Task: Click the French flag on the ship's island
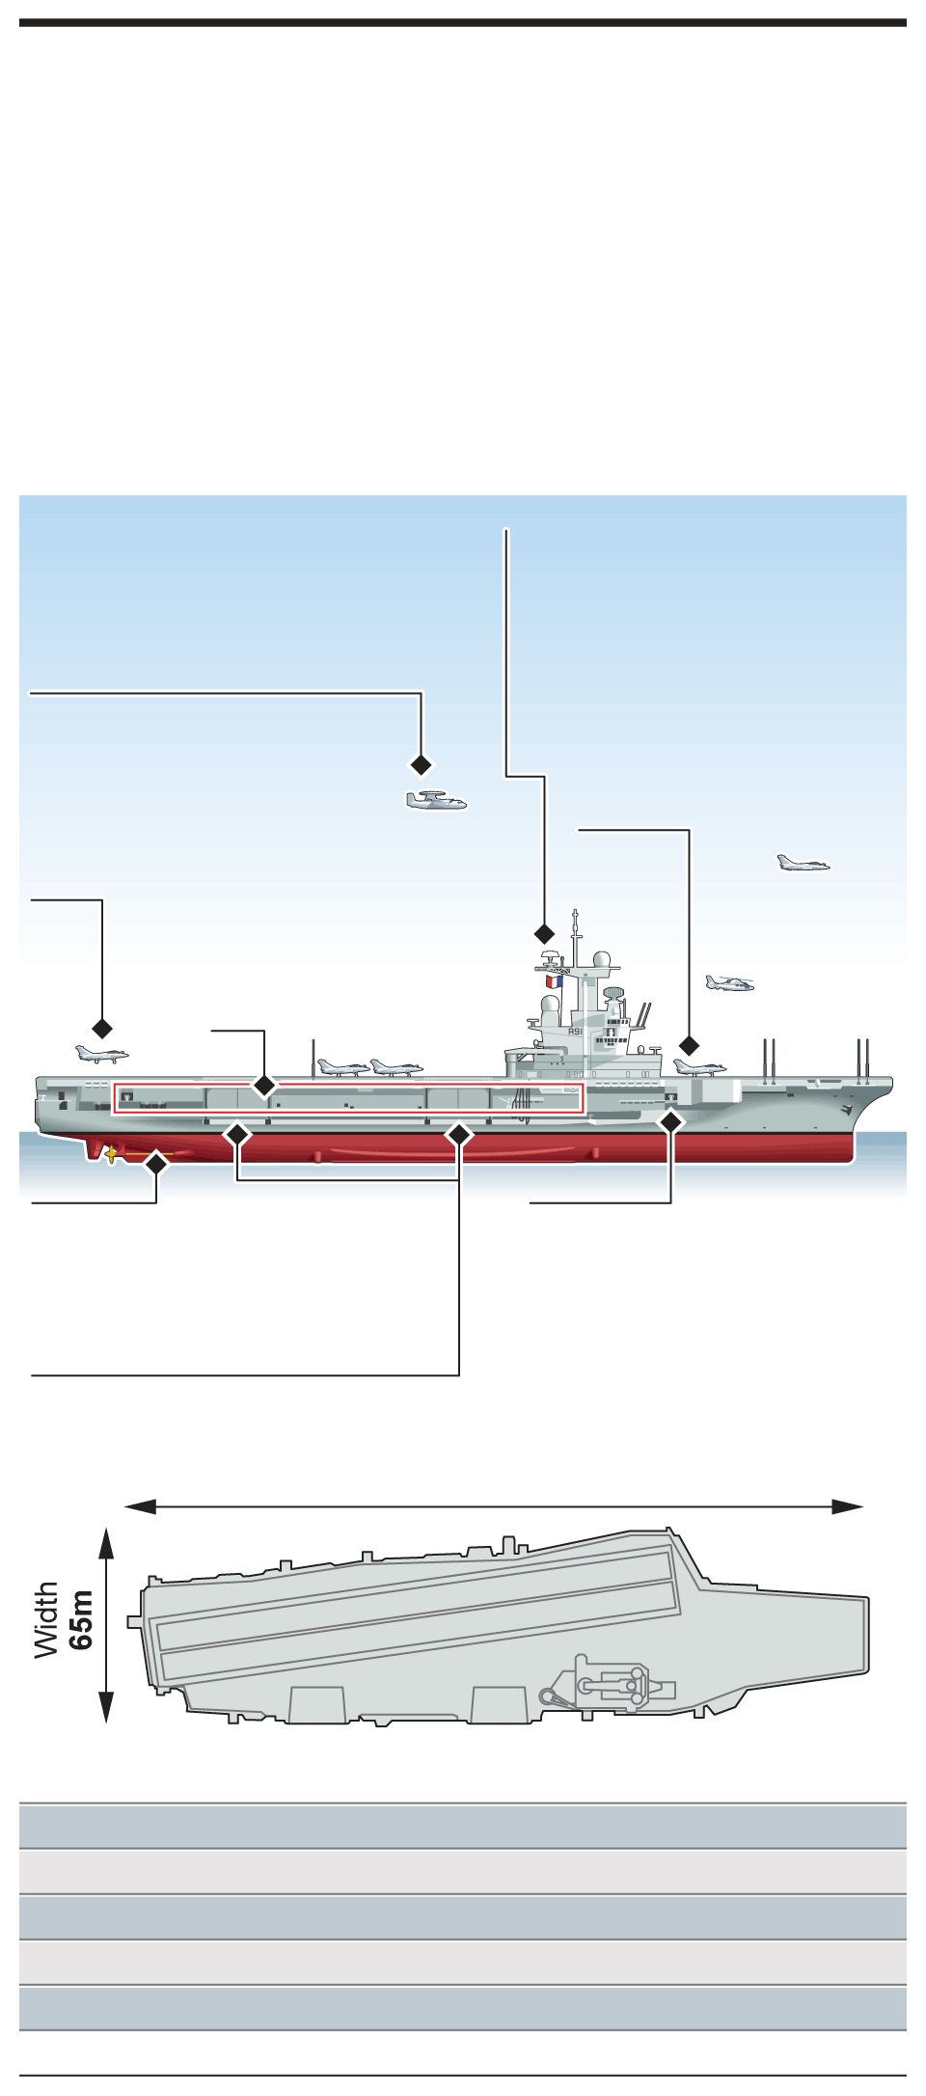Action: pyautogui.click(x=554, y=981)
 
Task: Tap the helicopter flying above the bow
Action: pyautogui.click(x=729, y=983)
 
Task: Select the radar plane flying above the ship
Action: pyautogui.click(x=436, y=801)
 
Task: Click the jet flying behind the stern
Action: pyautogui.click(x=101, y=1054)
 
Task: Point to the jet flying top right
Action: pyautogui.click(x=803, y=863)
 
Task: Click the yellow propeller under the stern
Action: pyautogui.click(x=111, y=1153)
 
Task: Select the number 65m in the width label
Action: pyautogui.click(x=83, y=1620)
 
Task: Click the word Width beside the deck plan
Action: pyautogui.click(x=47, y=1620)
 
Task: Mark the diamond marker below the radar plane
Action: pyautogui.click(x=422, y=764)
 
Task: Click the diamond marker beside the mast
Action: pyautogui.click(x=545, y=933)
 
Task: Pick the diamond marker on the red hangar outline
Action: pyautogui.click(x=264, y=1086)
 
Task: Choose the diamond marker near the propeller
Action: pyautogui.click(x=156, y=1164)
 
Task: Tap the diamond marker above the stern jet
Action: pyautogui.click(x=101, y=1028)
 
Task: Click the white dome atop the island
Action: pyautogui.click(x=600, y=962)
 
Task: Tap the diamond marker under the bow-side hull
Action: pyautogui.click(x=671, y=1121)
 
